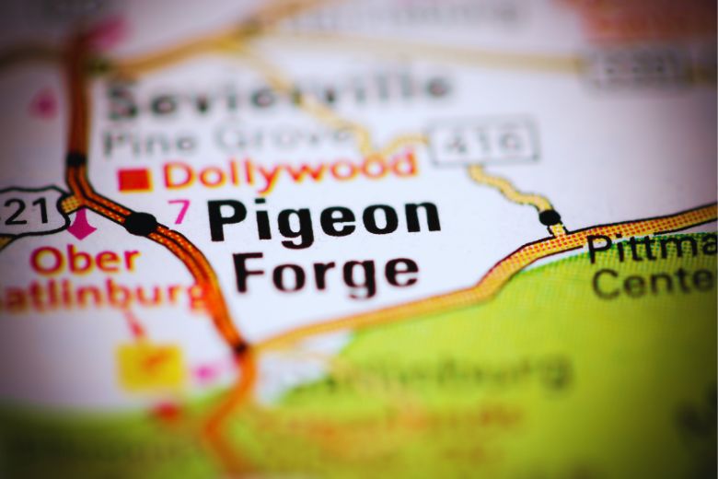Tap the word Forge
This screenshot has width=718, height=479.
325,271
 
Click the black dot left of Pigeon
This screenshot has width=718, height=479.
141,223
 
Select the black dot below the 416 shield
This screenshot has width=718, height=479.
550,217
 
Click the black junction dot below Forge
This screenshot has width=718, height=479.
241,349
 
